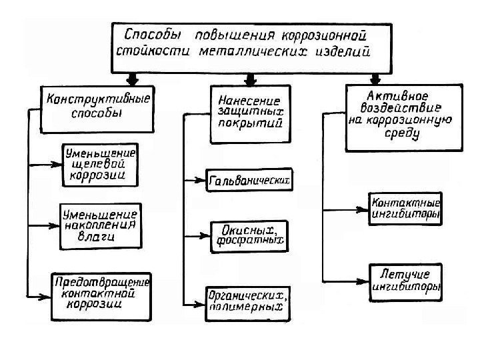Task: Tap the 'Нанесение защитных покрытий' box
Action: coord(249,113)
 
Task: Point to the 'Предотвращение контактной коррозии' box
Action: coord(102,294)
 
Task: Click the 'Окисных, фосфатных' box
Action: coord(247,237)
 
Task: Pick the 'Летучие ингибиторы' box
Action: coord(405,281)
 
